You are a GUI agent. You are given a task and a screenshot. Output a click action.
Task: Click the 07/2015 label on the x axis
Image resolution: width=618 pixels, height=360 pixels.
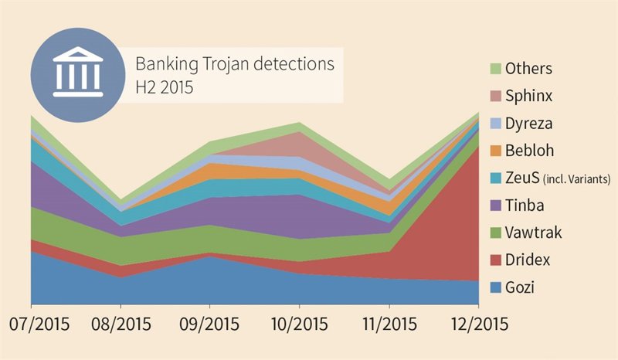pos(33,324)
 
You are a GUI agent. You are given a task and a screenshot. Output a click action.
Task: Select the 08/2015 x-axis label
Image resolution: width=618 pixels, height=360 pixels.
pos(121,324)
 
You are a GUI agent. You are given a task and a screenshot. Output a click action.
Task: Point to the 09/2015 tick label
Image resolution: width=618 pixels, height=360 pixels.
pos(210,324)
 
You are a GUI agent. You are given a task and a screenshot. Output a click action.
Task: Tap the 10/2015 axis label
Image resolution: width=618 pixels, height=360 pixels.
pos(299,324)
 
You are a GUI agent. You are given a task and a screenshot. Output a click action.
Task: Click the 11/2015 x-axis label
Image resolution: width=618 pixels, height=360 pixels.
pos(389,324)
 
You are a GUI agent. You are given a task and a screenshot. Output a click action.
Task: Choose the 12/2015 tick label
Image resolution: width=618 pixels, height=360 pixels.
pos(477,324)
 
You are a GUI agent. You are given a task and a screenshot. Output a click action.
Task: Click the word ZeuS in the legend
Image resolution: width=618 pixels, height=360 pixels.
pos(522,178)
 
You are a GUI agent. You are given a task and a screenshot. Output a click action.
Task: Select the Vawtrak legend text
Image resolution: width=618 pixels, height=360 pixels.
pos(534,233)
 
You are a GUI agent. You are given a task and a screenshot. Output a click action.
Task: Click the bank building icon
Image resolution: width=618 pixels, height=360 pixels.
pos(75,74)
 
